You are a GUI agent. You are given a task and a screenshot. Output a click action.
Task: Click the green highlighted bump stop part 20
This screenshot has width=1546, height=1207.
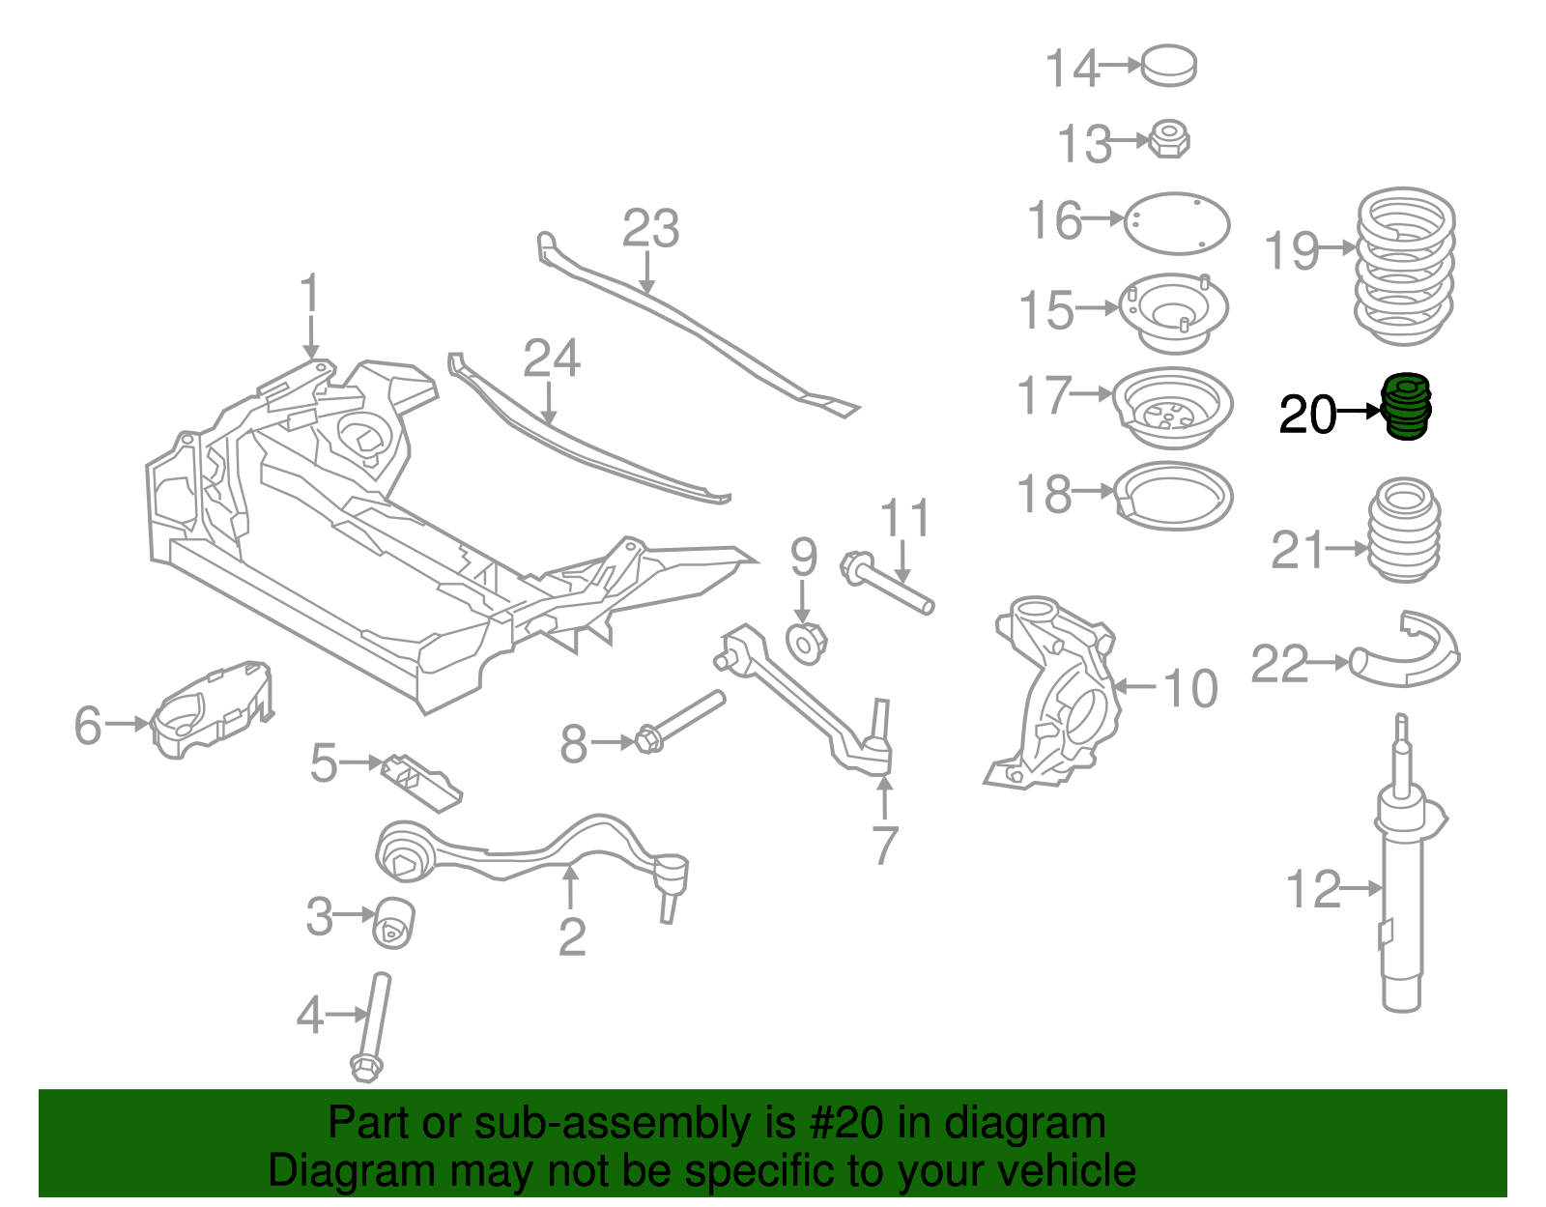1407,408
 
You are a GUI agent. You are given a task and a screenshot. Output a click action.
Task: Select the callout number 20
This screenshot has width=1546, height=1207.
1306,416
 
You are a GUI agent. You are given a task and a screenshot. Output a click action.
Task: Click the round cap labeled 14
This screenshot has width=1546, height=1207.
1169,65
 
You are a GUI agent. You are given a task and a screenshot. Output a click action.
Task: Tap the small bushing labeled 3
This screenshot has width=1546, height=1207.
394,922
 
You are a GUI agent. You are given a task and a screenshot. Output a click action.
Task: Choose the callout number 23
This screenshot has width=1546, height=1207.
650,229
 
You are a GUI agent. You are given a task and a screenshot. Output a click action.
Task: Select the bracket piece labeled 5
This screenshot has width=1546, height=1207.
421,781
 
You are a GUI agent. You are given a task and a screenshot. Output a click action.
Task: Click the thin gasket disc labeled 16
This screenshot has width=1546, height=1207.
1177,223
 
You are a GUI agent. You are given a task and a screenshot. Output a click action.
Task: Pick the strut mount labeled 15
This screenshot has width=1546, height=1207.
1173,312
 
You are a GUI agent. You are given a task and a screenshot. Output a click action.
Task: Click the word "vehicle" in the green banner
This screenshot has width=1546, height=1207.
1067,1171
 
